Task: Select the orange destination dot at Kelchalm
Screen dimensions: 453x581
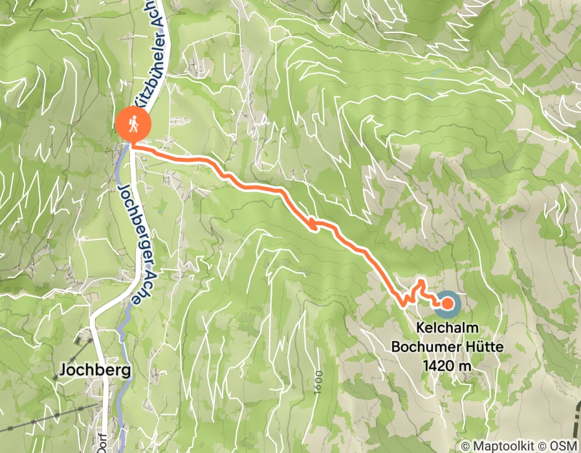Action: pyautogui.click(x=446, y=303)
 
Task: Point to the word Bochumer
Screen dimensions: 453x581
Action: pyautogui.click(x=420, y=347)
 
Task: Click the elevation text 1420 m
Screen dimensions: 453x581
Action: pyautogui.click(x=447, y=365)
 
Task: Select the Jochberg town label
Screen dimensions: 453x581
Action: pyautogui.click(x=94, y=370)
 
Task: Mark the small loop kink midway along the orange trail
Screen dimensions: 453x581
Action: pyautogui.click(x=312, y=224)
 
